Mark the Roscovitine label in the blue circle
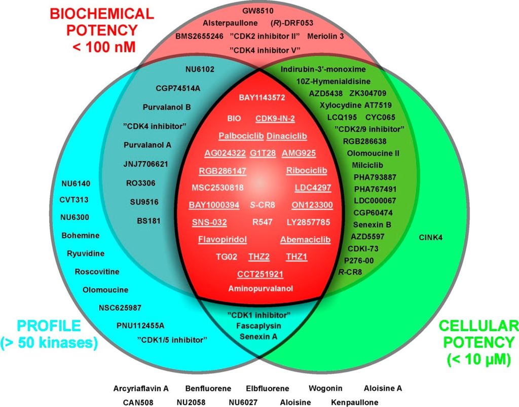(97, 271)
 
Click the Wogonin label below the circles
(325, 388)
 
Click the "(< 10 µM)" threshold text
(480, 360)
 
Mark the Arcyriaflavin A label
(140, 388)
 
